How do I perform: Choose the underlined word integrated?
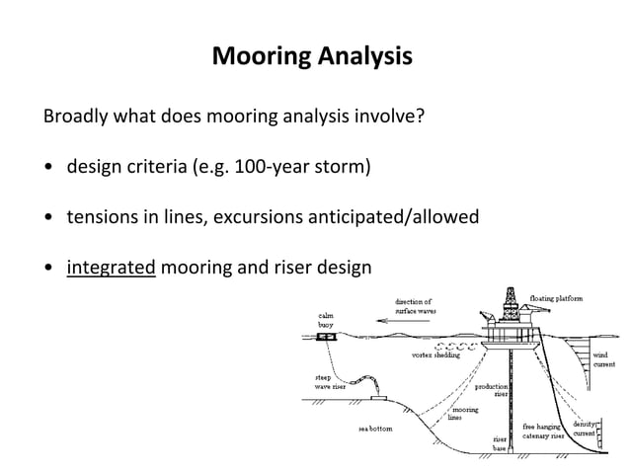pos(111,266)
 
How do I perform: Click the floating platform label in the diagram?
pos(556,298)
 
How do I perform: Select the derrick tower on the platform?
pos(510,298)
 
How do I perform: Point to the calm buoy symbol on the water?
pos(325,337)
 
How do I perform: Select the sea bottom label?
pos(374,429)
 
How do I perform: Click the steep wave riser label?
pos(330,381)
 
